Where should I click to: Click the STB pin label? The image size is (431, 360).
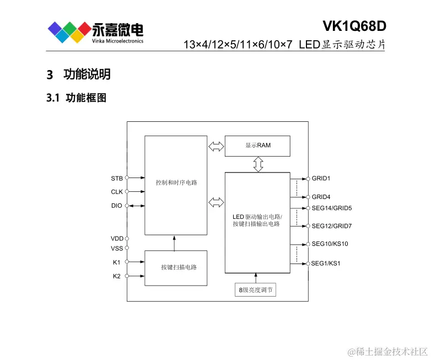click(116, 178)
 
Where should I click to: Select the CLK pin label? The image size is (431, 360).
click(116, 192)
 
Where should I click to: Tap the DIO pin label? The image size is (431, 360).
click(116, 206)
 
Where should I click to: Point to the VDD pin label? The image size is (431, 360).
click(117, 239)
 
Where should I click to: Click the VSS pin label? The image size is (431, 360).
click(117, 248)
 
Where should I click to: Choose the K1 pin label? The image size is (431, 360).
click(116, 262)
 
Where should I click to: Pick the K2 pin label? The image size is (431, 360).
click(116, 276)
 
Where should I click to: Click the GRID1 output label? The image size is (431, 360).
click(322, 179)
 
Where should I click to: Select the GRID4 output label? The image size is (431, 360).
click(322, 197)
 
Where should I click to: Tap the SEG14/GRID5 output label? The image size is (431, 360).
click(331, 208)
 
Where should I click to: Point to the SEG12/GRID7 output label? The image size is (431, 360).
click(331, 226)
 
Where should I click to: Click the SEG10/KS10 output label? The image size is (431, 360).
click(330, 244)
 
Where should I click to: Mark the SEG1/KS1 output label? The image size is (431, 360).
click(325, 264)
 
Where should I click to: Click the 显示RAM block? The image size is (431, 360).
click(258, 146)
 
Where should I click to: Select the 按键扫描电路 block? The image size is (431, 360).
click(176, 267)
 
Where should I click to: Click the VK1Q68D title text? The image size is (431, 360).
click(354, 26)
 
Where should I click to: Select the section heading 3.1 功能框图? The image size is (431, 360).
click(77, 98)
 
